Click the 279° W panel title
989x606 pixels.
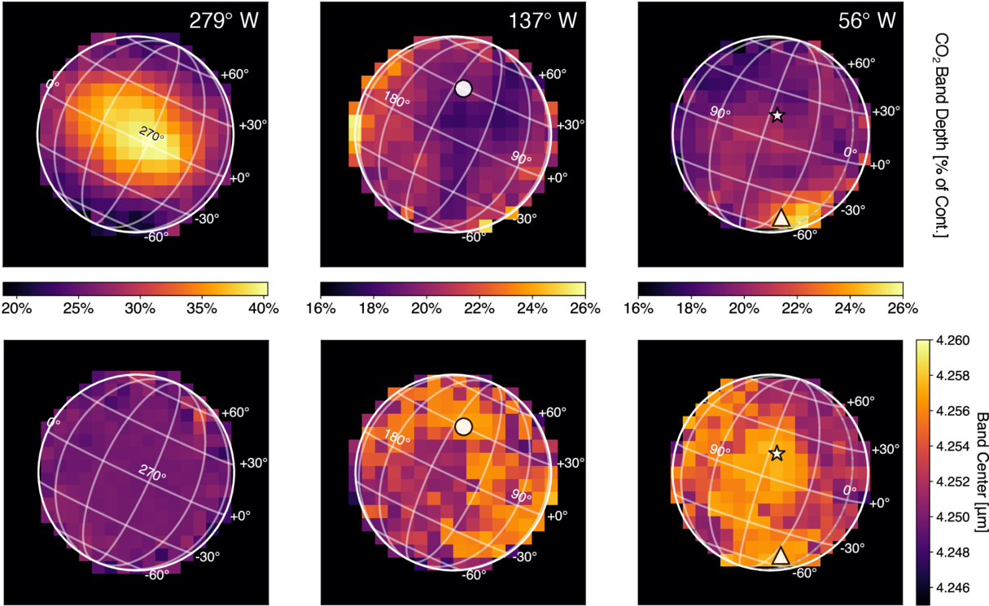224,21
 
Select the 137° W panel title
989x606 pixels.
543,21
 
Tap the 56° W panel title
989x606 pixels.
867,21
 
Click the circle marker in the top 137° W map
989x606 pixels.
463,89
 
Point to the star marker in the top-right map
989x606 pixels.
777,116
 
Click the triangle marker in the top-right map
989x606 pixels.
781,218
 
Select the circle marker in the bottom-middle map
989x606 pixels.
463,427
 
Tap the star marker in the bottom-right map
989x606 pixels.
777,453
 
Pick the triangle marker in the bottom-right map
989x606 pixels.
781,556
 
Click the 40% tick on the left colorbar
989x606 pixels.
264,308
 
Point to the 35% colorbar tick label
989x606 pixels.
202,308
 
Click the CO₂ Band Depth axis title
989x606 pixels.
941,135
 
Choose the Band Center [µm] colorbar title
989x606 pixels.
981,473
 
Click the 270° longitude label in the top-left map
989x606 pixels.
152,133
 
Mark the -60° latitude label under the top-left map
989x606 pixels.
156,237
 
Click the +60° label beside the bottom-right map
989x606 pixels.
861,401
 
